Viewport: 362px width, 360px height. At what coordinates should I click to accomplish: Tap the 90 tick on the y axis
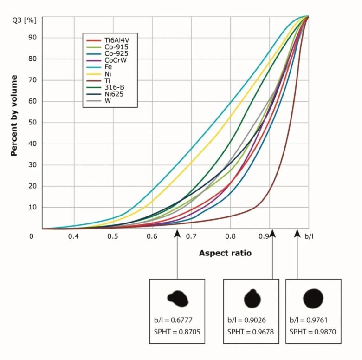pyautogui.click(x=32, y=38)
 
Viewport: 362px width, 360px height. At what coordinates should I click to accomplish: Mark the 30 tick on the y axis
pyautogui.click(x=32, y=165)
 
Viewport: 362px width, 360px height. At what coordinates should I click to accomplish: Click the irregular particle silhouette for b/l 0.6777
pyautogui.click(x=178, y=298)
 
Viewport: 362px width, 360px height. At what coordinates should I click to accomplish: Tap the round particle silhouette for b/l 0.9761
pyautogui.click(x=313, y=298)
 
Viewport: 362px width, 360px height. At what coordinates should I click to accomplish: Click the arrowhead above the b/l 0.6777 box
pyautogui.click(x=177, y=233)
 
